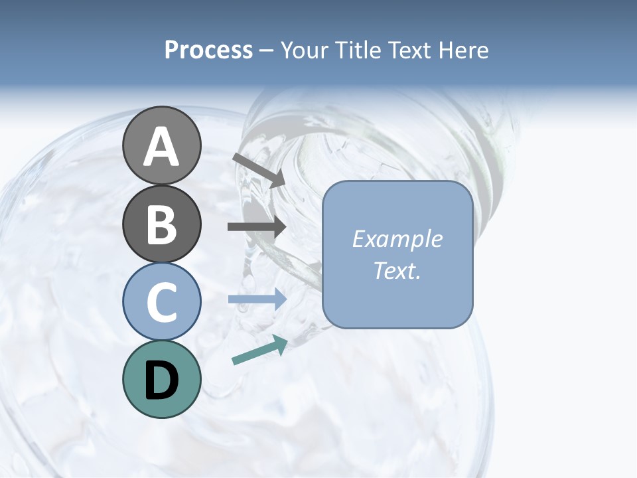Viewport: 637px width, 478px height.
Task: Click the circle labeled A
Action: click(x=161, y=145)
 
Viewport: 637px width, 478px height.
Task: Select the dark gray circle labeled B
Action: click(x=161, y=224)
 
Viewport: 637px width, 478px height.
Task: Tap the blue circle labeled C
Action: click(x=161, y=301)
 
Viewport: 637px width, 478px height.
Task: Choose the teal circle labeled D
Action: click(x=161, y=379)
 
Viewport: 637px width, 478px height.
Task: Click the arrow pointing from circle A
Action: click(x=259, y=170)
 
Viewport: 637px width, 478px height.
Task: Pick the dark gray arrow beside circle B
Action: click(x=257, y=227)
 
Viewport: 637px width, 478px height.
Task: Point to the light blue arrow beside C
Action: click(x=257, y=299)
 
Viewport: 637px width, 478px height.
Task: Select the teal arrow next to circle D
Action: click(x=259, y=350)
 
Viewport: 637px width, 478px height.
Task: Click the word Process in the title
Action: click(x=208, y=50)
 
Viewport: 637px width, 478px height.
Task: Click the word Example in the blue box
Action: click(x=397, y=239)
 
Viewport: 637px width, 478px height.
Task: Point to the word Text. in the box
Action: click(x=397, y=270)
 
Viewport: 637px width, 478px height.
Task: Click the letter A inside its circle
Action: click(x=161, y=147)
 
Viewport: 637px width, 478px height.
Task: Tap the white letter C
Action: click(x=161, y=302)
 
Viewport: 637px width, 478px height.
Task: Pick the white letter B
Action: click(x=161, y=224)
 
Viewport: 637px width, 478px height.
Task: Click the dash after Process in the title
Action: click(x=267, y=51)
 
